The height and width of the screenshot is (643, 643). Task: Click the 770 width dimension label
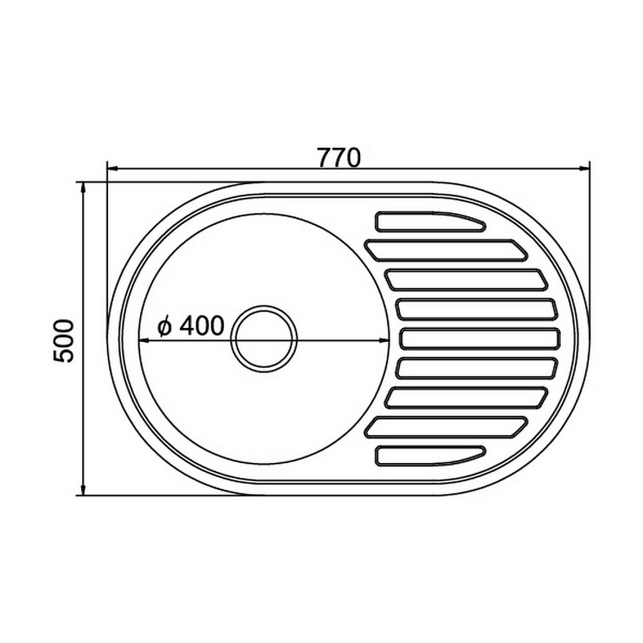pyautogui.click(x=339, y=158)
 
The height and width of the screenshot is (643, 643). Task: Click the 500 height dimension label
pyautogui.click(x=64, y=341)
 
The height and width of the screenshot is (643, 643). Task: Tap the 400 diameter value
pyautogui.click(x=202, y=325)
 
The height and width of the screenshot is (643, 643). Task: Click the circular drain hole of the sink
pyautogui.click(x=264, y=339)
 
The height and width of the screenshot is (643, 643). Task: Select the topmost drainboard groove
pyautogui.click(x=430, y=221)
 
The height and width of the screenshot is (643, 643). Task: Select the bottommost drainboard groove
pyautogui.click(x=430, y=456)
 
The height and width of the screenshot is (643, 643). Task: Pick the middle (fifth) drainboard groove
pyautogui.click(x=480, y=339)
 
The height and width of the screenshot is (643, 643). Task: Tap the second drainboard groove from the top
pyautogui.click(x=446, y=250)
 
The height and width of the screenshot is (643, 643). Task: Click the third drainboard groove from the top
pyautogui.click(x=466, y=280)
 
